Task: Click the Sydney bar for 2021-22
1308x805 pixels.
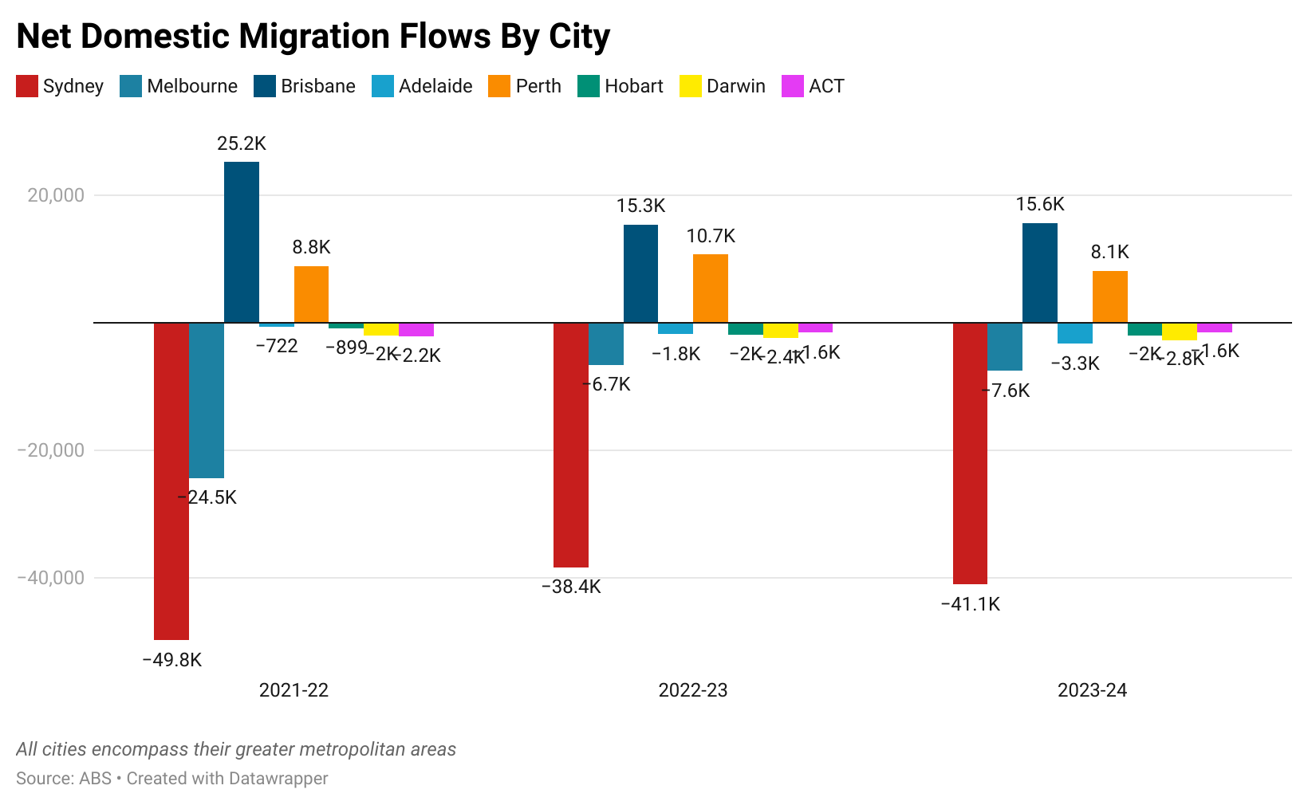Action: (x=171, y=481)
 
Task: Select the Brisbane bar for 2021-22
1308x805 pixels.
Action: (x=242, y=242)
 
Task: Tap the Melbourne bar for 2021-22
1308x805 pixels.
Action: (x=207, y=400)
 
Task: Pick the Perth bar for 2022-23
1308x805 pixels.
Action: (x=711, y=289)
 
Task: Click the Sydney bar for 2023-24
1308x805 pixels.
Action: (x=970, y=453)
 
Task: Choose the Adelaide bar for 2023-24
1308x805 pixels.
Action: (x=1075, y=333)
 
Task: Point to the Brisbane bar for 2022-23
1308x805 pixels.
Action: (x=640, y=273)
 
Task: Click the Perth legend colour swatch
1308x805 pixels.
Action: (x=499, y=86)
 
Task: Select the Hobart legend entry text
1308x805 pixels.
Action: (x=633, y=86)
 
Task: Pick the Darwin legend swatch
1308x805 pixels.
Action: (x=691, y=86)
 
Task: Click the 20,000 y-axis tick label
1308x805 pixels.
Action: (x=56, y=195)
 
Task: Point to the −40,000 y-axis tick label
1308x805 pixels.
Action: (x=50, y=578)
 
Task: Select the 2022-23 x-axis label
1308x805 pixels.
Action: (x=693, y=690)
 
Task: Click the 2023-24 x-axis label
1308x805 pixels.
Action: (x=1092, y=690)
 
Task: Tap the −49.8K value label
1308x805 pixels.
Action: (x=171, y=660)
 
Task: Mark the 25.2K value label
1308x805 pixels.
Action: (x=242, y=143)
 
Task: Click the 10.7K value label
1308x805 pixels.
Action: (x=711, y=236)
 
